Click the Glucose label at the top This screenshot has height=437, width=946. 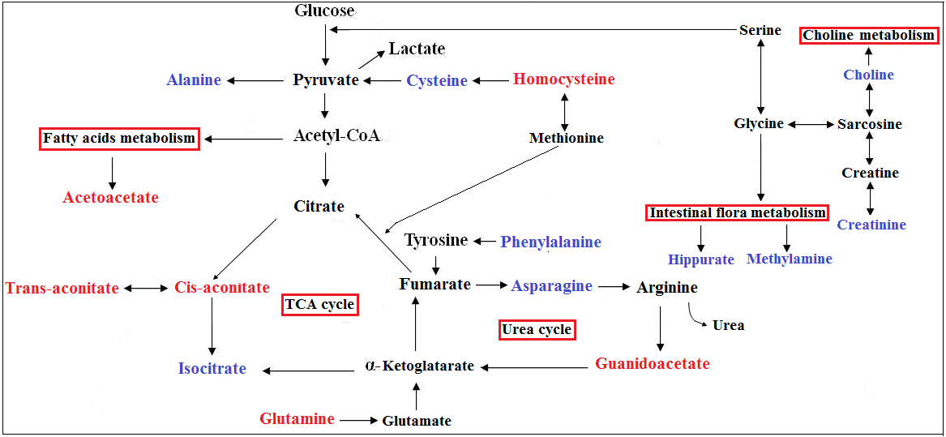click(324, 11)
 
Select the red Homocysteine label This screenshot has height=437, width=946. click(563, 79)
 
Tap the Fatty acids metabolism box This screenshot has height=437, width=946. click(119, 139)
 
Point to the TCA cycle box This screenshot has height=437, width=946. click(319, 305)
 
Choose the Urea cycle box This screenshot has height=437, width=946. click(537, 330)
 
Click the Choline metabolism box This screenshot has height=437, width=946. click(869, 36)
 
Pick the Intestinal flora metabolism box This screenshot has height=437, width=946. click(737, 213)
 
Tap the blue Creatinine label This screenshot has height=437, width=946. click(871, 225)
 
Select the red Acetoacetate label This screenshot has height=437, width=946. click(111, 197)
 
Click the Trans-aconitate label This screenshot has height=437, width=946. click(62, 288)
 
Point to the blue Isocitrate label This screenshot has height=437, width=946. click(212, 369)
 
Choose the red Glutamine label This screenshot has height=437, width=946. click(297, 419)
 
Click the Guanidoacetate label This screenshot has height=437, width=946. click(653, 364)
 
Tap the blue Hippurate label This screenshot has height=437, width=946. click(701, 259)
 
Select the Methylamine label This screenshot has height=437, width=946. click(790, 259)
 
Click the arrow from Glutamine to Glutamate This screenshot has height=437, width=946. click(358, 421)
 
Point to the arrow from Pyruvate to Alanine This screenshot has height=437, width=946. click(255, 80)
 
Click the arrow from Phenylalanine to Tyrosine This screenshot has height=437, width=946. click(485, 241)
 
